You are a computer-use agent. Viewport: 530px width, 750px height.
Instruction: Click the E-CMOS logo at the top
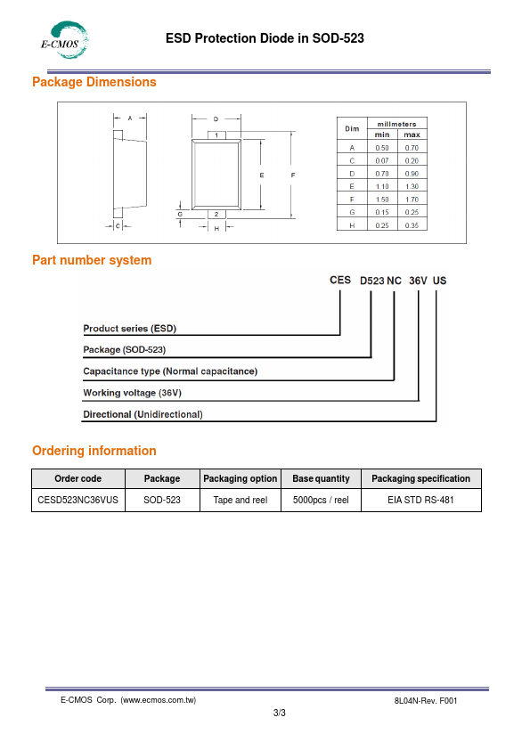point(64,40)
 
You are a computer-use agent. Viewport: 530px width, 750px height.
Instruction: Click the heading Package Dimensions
point(94,82)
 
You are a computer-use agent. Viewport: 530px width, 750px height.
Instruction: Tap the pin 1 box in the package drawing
point(216,135)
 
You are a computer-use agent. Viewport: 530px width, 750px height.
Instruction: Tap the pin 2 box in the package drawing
point(216,215)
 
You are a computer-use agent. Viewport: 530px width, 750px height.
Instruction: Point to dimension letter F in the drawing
point(293,175)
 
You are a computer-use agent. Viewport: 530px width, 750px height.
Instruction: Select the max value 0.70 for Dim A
point(412,148)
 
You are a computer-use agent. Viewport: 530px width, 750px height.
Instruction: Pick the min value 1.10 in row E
point(382,186)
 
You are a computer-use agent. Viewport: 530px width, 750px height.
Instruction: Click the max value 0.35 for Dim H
point(412,225)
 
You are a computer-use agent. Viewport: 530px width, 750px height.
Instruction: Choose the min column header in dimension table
point(382,135)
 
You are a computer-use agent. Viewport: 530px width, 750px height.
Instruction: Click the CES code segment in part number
point(340,280)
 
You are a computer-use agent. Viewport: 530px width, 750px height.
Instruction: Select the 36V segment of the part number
point(418,281)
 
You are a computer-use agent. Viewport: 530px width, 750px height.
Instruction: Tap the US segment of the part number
point(440,281)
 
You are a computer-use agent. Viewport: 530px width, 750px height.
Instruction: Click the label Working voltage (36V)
point(133,393)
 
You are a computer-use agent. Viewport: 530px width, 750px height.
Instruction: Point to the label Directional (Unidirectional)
point(143,414)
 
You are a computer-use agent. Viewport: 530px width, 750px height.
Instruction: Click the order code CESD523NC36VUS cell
point(78,500)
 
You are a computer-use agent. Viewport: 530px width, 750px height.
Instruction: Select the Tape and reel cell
point(241,500)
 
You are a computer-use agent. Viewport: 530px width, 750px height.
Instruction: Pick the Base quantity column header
point(321,478)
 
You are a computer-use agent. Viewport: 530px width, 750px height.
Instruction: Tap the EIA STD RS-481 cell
point(421,500)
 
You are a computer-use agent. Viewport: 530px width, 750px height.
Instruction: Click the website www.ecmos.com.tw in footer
point(159,700)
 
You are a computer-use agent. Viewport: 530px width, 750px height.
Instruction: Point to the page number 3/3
point(280,713)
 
